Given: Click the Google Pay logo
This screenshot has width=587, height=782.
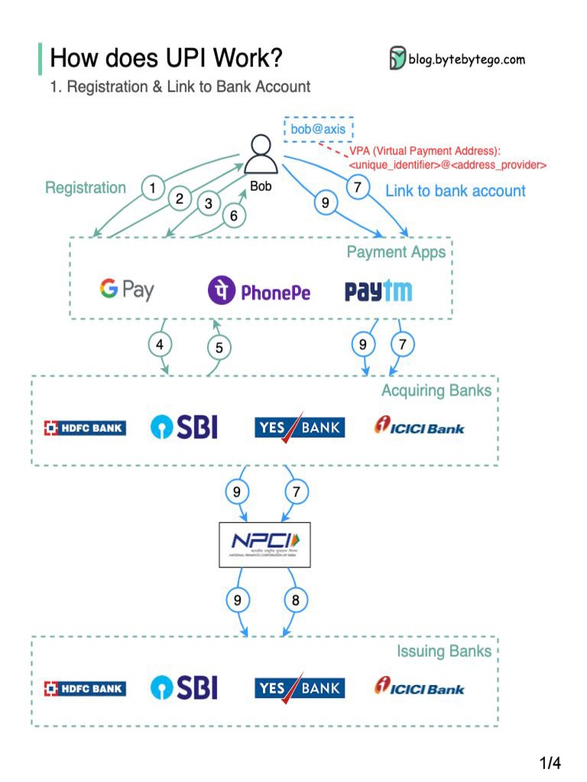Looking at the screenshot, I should tap(126, 289).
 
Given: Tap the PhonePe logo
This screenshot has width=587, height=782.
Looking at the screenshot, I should tap(259, 291).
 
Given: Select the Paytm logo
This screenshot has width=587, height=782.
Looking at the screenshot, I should tap(378, 291).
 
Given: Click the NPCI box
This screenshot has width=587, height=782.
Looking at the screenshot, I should tap(264, 544).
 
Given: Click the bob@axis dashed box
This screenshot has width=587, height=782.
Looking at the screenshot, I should tap(319, 129).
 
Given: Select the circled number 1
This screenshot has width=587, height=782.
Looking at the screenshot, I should tap(154, 187).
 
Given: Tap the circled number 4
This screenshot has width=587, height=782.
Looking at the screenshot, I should tap(160, 344).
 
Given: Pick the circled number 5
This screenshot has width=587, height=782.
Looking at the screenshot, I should tap(219, 347).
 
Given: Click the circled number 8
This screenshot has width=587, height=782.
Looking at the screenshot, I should tap(296, 600).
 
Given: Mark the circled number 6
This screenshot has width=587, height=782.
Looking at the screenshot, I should tap(234, 216).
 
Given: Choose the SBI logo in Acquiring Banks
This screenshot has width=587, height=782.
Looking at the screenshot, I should tap(183, 427).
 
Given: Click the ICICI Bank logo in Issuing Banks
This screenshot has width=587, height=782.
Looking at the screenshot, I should tap(419, 687).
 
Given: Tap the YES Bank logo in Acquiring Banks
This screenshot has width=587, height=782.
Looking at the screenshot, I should tap(299, 427).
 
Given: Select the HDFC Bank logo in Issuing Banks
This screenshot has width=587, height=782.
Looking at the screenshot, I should tap(85, 689).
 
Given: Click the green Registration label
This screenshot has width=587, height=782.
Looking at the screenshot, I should tap(86, 188).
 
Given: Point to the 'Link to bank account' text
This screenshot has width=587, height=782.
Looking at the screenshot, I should tap(456, 191).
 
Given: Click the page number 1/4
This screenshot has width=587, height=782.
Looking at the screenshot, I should tap(550, 763).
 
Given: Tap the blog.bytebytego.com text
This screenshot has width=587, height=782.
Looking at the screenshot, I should tap(466, 60).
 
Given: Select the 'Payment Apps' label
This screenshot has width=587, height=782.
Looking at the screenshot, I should tap(396, 252).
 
